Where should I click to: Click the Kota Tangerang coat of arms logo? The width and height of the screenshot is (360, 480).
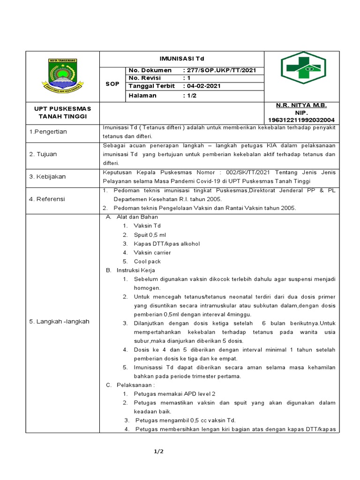click(63, 75)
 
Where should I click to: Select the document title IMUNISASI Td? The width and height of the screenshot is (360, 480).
click(182, 59)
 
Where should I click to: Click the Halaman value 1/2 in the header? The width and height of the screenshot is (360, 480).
click(191, 95)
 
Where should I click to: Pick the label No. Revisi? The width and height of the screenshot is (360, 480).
click(145, 78)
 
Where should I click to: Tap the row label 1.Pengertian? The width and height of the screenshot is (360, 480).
click(48, 132)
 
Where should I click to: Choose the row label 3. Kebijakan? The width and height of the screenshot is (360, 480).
click(47, 177)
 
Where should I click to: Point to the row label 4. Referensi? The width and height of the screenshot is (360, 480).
click(47, 199)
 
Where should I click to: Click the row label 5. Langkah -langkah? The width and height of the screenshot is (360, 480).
click(59, 322)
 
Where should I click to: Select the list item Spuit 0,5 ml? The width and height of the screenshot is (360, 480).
click(150, 235)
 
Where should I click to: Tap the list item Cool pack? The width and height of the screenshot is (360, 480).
click(147, 262)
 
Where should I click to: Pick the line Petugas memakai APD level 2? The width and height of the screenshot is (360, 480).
click(174, 394)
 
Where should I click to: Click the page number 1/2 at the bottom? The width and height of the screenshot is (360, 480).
click(158, 452)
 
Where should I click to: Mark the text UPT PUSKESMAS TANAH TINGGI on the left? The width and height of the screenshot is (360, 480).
click(63, 112)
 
